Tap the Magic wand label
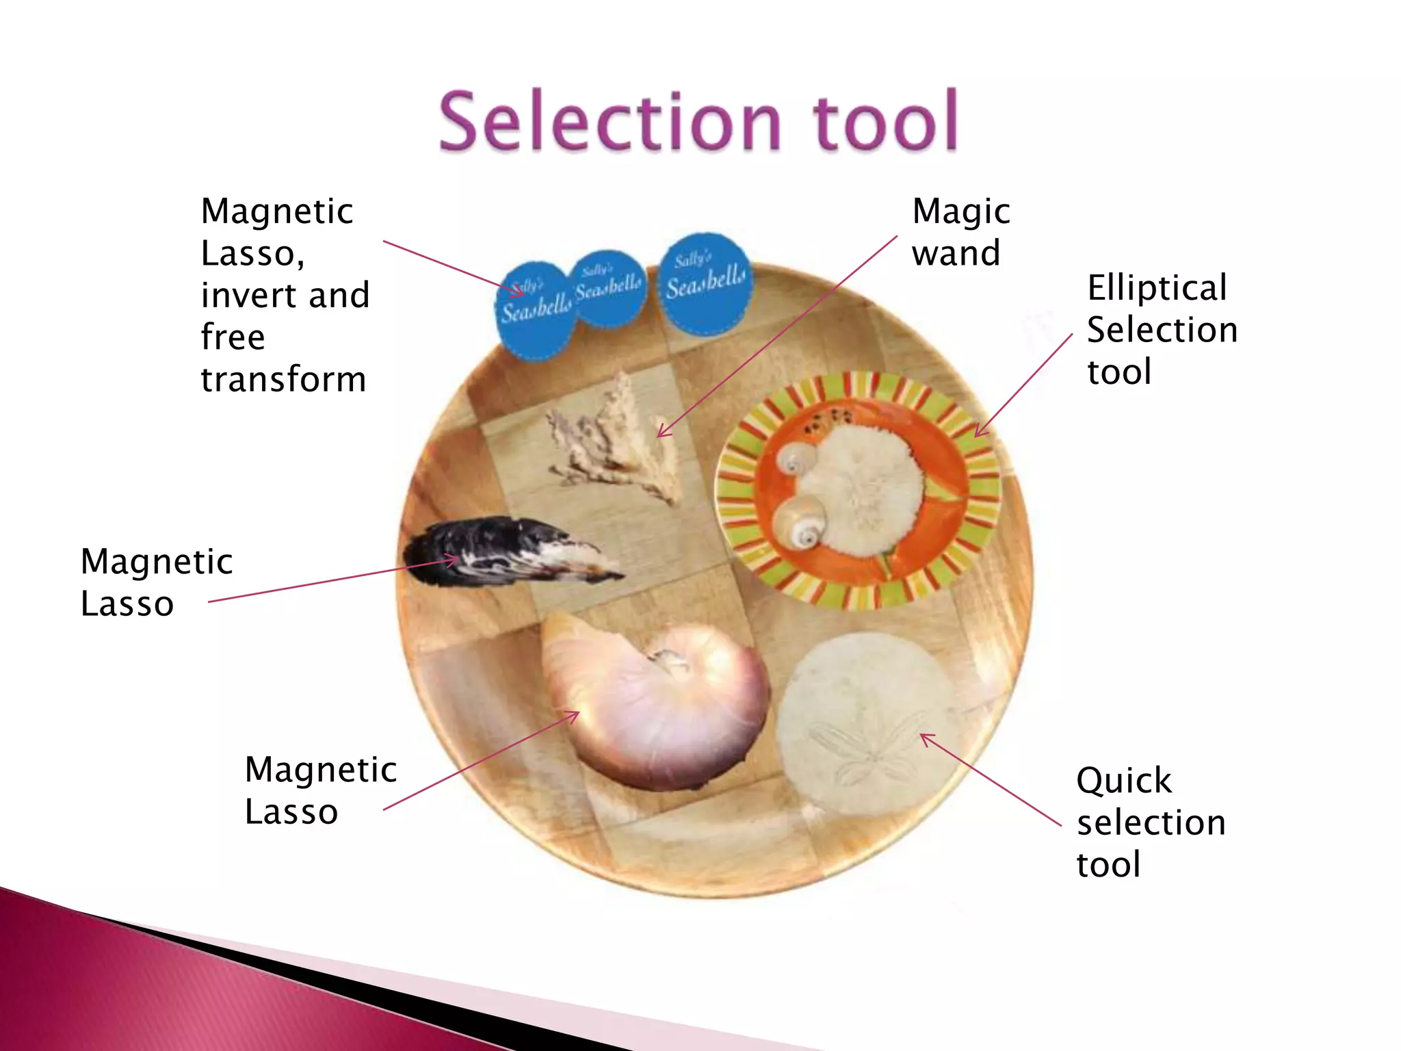tap(960, 232)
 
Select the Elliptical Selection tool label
tap(1162, 329)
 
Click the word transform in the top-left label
tap(283, 379)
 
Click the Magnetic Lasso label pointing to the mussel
tap(156, 582)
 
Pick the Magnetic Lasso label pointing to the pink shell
tap(320, 790)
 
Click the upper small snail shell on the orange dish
tap(796, 458)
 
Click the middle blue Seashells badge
tap(608, 288)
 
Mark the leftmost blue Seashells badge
tap(535, 309)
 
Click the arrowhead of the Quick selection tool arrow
tap(923, 736)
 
